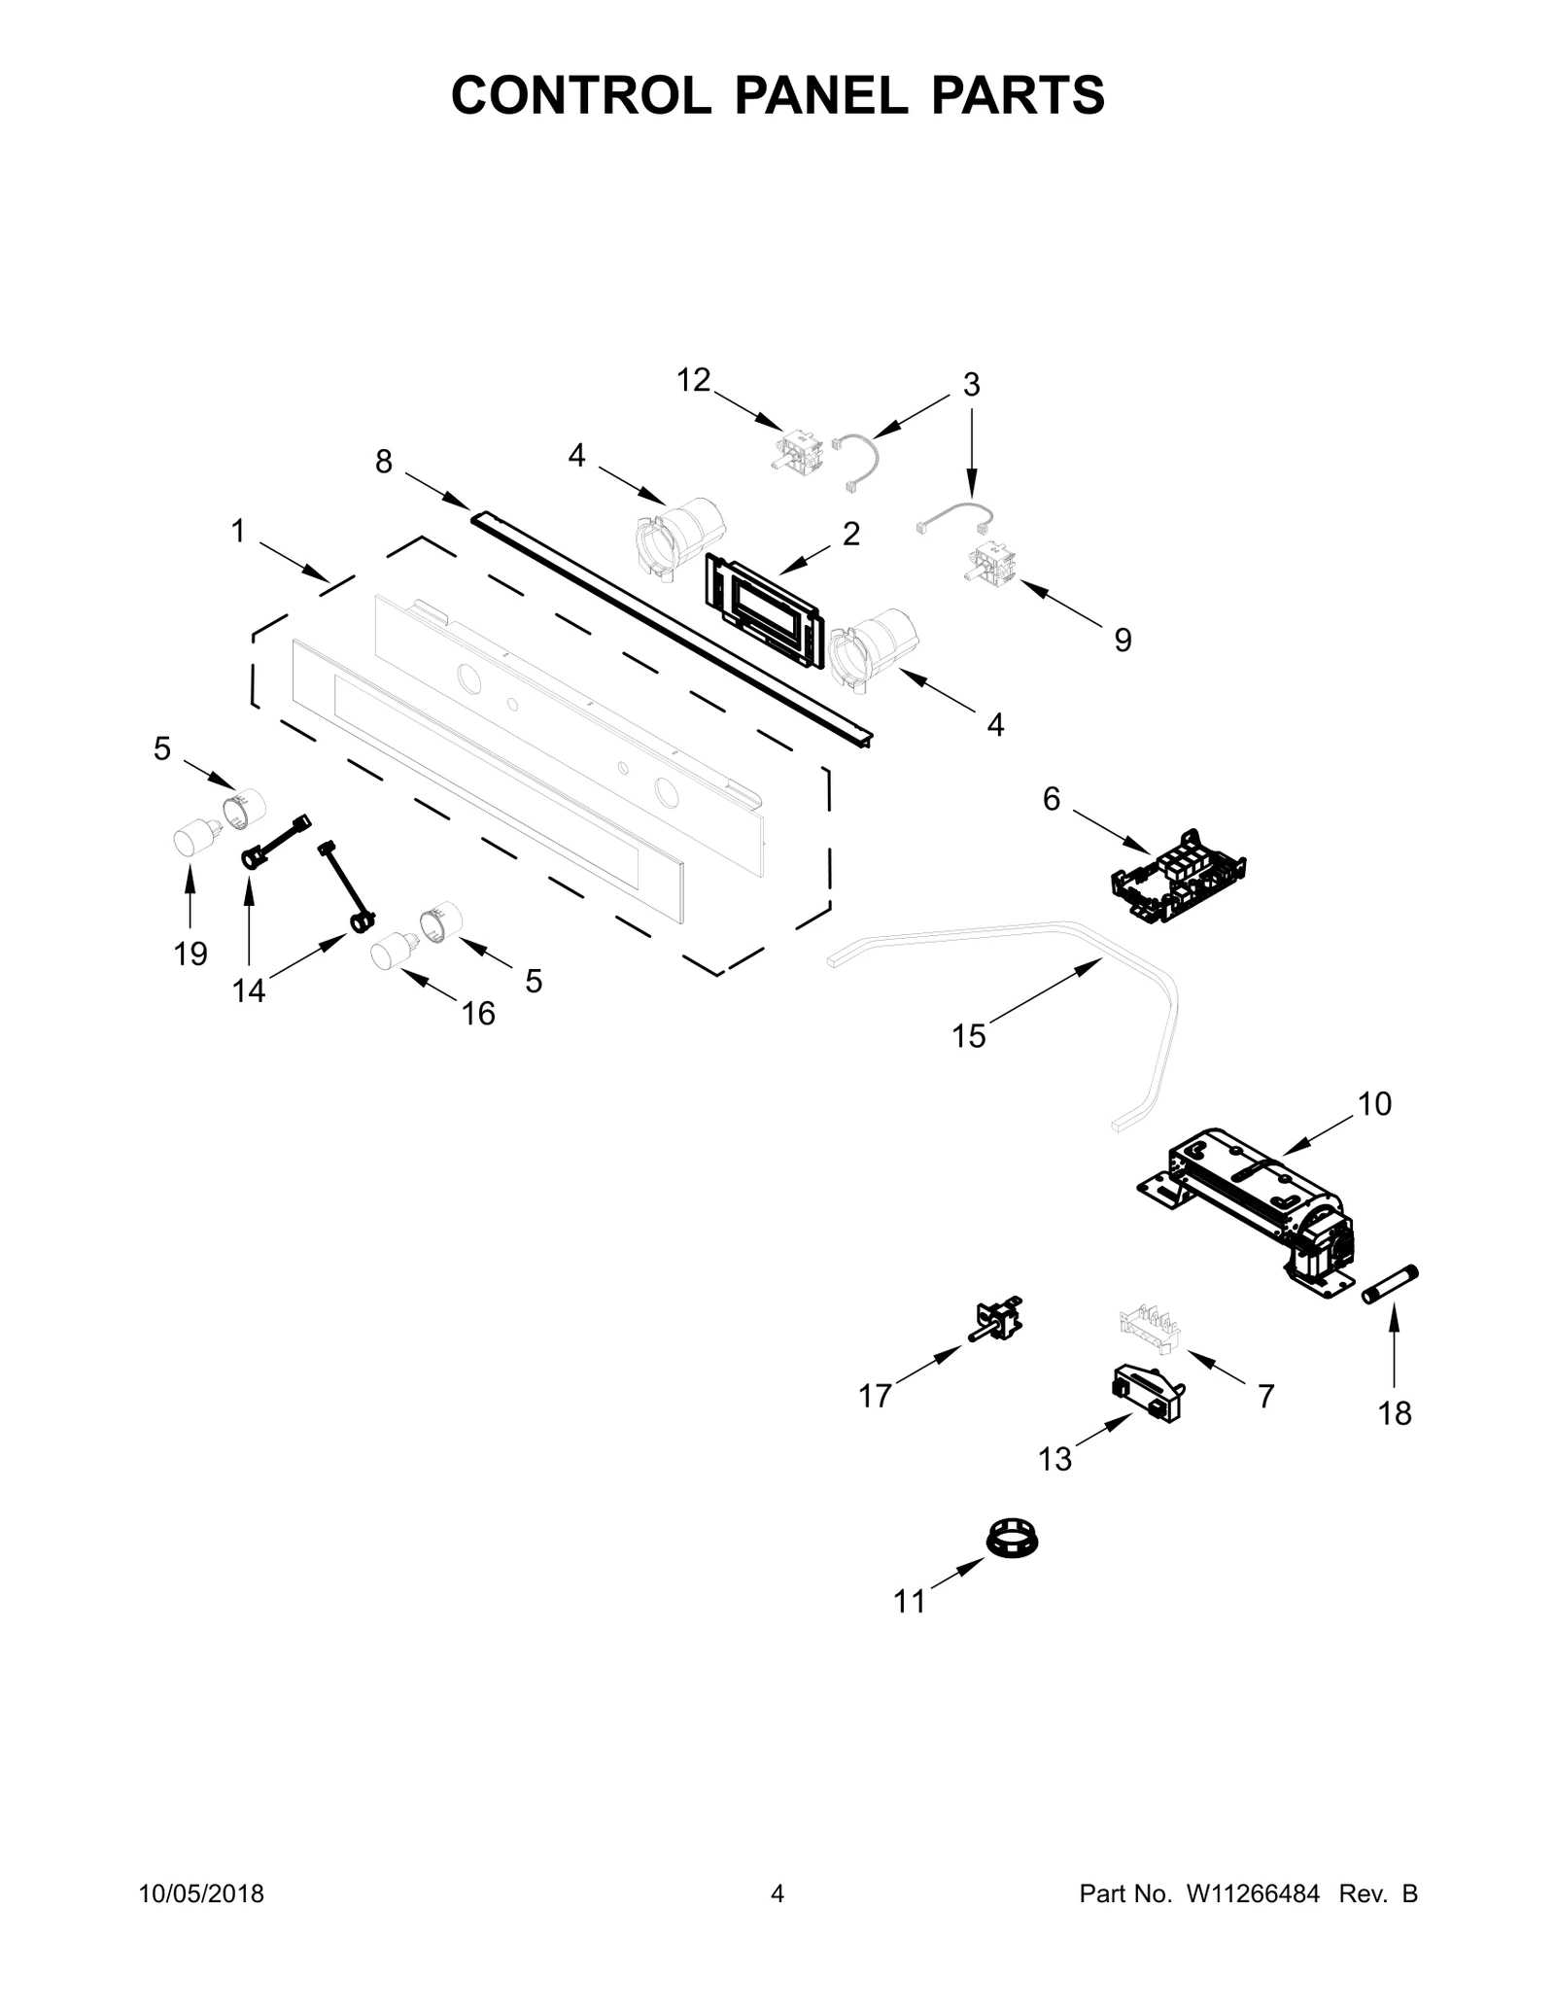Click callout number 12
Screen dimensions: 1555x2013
click(x=694, y=380)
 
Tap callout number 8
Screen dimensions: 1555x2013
click(x=384, y=462)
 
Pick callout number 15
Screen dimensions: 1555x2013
click(x=969, y=1036)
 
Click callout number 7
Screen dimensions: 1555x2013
click(x=1265, y=1396)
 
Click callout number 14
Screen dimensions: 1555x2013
click(x=249, y=990)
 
